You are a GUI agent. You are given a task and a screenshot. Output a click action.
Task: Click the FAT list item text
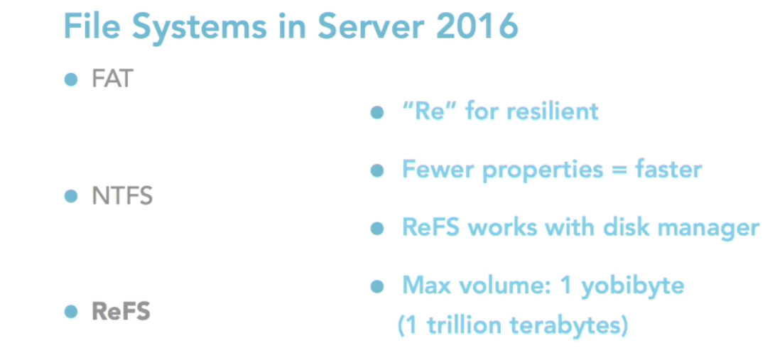[x=112, y=79]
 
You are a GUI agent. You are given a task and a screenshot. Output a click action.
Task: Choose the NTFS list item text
[x=122, y=196]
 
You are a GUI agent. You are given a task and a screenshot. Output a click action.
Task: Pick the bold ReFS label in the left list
[x=121, y=312]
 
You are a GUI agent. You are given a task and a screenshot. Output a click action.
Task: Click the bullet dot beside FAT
[x=70, y=79]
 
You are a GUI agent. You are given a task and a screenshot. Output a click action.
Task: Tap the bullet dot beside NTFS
[x=70, y=196]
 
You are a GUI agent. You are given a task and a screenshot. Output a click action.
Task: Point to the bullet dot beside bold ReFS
[x=70, y=312]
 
